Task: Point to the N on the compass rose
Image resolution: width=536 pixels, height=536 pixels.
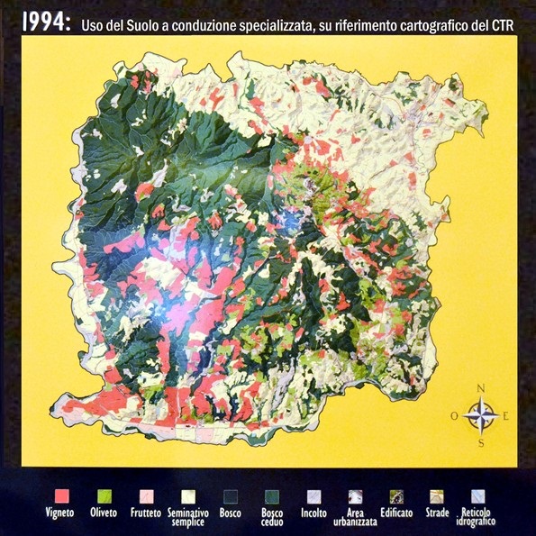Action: (481, 388)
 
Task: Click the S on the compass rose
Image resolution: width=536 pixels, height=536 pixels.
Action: (482, 443)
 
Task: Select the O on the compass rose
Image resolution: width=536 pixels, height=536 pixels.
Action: (454, 416)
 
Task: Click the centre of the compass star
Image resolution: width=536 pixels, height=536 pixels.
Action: (482, 415)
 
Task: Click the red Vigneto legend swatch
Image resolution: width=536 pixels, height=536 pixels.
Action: (62, 495)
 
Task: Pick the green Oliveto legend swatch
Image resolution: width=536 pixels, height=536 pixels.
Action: (104, 495)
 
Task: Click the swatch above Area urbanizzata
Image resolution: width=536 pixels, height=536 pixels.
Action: (353, 495)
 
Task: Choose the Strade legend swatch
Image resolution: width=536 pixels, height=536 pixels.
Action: (437, 495)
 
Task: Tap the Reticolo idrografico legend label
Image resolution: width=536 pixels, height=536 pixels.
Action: (478, 517)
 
